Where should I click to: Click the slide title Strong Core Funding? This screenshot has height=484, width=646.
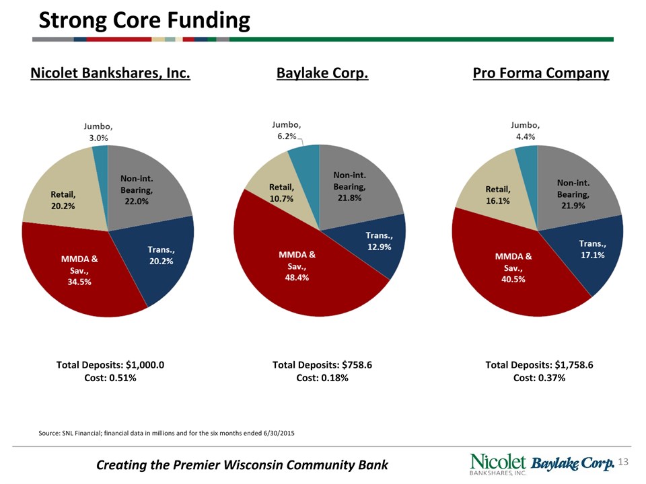(144, 20)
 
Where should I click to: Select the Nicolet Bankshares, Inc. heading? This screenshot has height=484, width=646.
(110, 73)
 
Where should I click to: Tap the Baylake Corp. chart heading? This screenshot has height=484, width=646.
(322, 73)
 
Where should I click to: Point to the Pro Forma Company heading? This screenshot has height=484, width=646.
(541, 73)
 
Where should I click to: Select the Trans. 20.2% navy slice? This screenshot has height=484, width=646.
(161, 259)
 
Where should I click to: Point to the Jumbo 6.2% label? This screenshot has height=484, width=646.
(286, 130)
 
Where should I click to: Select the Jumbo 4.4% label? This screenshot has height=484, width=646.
(525, 130)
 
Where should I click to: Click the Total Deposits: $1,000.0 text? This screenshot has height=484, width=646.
(110, 365)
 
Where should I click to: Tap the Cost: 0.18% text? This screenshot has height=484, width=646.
(322, 378)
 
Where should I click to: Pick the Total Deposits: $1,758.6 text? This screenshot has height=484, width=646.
(539, 365)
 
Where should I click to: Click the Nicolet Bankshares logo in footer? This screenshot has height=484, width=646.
(498, 464)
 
